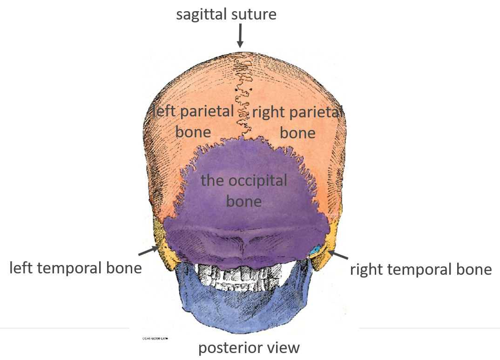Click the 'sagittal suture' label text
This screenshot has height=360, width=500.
pos(226,14)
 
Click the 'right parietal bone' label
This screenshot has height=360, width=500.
pos(297,122)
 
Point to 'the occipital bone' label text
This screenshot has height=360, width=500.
pos(244,190)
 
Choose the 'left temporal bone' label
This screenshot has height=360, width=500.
pos(75,268)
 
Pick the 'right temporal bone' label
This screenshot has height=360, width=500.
pos(421,270)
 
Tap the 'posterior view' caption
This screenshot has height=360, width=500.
pos(249,348)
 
